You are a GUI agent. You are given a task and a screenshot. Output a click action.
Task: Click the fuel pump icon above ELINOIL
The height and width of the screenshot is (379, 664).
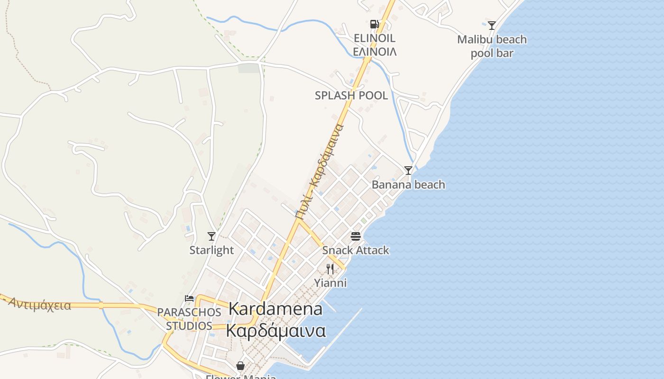click(x=374, y=24)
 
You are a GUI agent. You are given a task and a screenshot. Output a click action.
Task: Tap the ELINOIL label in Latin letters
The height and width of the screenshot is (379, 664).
click(x=375, y=38)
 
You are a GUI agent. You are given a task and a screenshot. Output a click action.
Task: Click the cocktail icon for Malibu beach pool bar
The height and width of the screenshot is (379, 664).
click(x=492, y=25)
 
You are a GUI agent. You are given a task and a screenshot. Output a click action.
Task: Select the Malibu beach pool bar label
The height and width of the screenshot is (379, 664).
click(x=492, y=46)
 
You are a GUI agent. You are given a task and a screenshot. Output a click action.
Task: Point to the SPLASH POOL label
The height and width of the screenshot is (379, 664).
click(x=351, y=95)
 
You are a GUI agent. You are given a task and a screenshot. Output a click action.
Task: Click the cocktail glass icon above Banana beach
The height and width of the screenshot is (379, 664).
click(x=408, y=170)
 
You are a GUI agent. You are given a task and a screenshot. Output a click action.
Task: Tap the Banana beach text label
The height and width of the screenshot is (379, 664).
click(x=408, y=184)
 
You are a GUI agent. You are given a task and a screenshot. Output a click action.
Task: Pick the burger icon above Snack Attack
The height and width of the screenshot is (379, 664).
click(x=356, y=236)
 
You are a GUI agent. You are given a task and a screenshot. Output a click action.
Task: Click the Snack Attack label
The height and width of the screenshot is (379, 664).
click(x=356, y=250)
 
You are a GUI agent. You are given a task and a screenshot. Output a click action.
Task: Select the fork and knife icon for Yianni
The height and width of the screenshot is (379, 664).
click(x=330, y=269)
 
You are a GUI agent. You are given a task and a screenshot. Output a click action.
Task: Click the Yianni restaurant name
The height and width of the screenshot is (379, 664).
click(x=331, y=283)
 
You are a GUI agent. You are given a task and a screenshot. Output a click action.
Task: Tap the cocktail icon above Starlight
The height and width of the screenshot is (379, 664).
click(x=212, y=236)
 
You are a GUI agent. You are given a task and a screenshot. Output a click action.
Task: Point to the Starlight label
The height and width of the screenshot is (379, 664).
click(x=212, y=250)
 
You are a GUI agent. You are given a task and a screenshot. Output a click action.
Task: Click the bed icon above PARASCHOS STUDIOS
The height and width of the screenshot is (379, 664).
click(x=189, y=298)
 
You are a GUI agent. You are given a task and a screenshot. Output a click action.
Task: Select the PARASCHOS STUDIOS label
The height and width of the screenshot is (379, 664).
click(x=189, y=319)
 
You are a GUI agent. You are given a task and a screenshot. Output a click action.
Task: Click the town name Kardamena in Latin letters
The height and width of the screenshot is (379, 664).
click(x=276, y=309)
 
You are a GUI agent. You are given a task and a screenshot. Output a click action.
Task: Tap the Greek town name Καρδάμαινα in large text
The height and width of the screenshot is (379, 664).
click(x=276, y=330)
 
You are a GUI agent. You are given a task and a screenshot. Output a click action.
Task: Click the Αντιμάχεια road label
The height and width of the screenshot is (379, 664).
click(x=40, y=304)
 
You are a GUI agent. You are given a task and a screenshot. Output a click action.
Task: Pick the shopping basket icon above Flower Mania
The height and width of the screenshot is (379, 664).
click(x=240, y=366)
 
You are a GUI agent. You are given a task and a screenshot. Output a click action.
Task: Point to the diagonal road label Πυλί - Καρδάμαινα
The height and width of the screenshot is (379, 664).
click(x=319, y=171)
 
